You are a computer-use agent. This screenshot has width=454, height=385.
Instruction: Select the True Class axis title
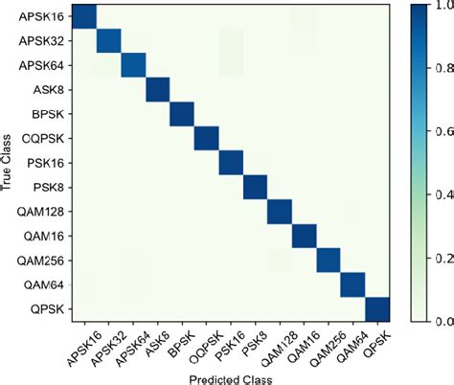9,163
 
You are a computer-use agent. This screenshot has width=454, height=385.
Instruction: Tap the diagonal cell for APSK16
84,16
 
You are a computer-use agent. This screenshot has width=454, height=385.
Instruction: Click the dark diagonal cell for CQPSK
206,139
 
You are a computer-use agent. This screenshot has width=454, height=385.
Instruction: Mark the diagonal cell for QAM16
304,237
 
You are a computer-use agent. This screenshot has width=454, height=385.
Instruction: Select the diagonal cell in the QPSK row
377,309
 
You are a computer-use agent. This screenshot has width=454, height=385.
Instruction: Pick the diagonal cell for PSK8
255,188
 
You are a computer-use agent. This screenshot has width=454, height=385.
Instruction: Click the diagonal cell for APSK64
133,65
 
